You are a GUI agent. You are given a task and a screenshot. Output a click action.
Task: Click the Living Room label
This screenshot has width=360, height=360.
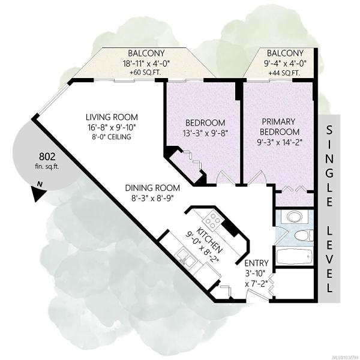click(112, 117)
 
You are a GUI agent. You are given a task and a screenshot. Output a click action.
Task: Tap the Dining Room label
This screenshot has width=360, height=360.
click(152, 188)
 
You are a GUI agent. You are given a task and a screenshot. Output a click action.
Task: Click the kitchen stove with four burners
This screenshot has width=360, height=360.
click(212, 221)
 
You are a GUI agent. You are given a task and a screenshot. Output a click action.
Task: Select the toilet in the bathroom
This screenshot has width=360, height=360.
click(303, 235)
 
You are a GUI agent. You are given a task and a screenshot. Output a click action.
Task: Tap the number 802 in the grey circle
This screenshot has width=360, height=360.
click(47, 157)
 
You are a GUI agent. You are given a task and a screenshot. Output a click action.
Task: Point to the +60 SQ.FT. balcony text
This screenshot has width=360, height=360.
click(145, 73)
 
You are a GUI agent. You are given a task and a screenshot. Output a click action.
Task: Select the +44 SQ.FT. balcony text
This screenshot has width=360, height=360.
click(284, 73)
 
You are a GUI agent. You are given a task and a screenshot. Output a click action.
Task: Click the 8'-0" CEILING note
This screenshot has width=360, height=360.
click(112, 137)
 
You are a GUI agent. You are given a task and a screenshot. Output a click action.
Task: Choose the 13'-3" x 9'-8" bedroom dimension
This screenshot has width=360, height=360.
click(205, 133)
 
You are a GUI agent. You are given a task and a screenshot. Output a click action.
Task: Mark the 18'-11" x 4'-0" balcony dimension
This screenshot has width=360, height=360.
click(146, 63)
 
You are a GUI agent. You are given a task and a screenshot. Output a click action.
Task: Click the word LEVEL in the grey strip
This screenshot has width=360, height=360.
click(329, 258)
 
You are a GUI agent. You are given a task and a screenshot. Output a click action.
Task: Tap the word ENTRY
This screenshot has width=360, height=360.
click(256, 263)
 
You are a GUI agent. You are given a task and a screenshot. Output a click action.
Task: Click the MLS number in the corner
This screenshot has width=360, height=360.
click(347, 358)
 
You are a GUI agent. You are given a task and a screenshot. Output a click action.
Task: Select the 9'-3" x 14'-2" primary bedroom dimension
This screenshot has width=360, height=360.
click(279, 142)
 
